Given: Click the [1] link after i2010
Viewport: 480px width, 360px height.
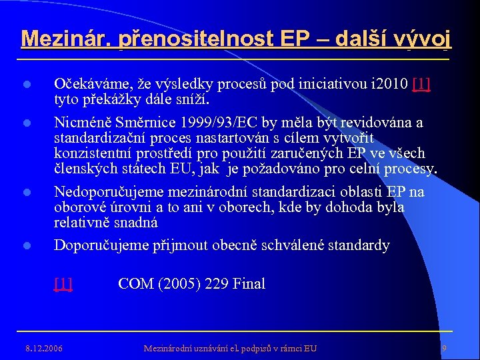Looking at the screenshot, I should pyautogui.click(x=421, y=85).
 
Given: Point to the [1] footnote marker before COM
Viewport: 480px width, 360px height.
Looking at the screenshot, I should pyautogui.click(x=63, y=284).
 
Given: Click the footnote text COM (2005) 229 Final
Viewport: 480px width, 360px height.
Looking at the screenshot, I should pyautogui.click(x=191, y=284).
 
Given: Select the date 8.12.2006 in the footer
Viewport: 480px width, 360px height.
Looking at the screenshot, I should pyautogui.click(x=43, y=348).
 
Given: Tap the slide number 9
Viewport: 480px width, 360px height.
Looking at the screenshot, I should pyautogui.click(x=444, y=348).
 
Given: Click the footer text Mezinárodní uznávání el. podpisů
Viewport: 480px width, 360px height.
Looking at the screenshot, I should pyautogui.click(x=231, y=348).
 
